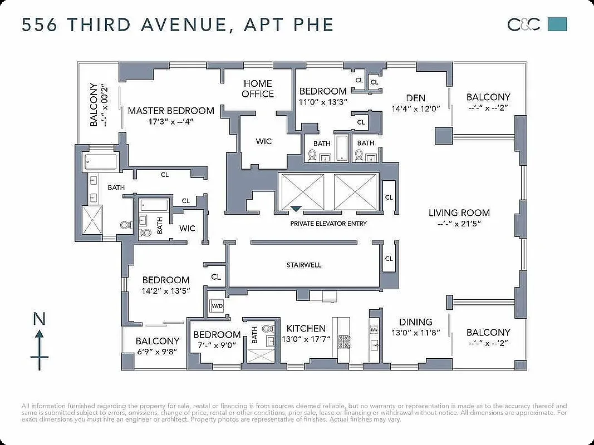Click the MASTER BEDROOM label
(x=171, y=111)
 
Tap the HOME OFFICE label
(x=258, y=88)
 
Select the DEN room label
(x=415, y=98)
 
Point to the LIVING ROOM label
(x=459, y=212)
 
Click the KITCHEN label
(x=306, y=328)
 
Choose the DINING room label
(x=415, y=322)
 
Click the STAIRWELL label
(x=304, y=265)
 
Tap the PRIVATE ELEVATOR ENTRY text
(x=328, y=224)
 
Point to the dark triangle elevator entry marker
(x=296, y=209)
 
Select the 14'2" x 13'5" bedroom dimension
(x=166, y=290)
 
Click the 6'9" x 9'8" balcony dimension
(x=158, y=352)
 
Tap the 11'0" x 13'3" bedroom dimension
(x=323, y=102)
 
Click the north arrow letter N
(x=39, y=319)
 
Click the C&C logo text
(x=523, y=24)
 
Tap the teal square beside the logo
(x=557, y=24)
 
